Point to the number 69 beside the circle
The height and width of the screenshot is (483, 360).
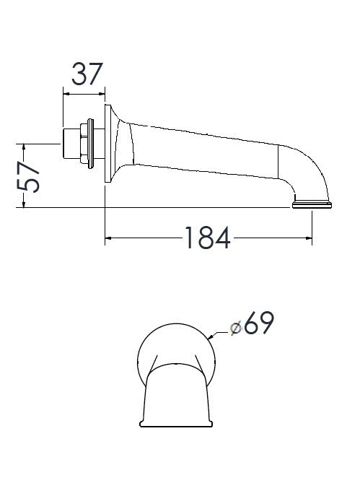[258, 325]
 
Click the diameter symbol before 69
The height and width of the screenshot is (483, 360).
[235, 327]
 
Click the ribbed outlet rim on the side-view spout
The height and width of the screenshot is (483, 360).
[312, 205]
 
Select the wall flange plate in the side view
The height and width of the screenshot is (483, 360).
[109, 143]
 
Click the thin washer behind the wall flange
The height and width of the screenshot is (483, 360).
[90, 144]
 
